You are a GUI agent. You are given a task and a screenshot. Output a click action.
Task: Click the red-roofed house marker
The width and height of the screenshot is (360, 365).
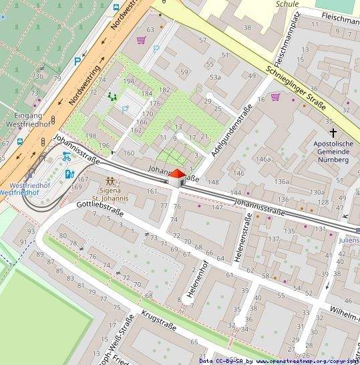click(176, 177)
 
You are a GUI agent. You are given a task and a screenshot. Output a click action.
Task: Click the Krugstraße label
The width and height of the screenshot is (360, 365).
click(158, 328)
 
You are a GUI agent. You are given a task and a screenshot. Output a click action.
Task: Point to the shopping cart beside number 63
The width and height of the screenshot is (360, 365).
click(141, 40)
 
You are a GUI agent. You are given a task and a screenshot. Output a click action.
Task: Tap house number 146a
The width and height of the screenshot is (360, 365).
click(263, 159)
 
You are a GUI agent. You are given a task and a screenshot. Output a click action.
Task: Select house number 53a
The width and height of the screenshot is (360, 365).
click(214, 78)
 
